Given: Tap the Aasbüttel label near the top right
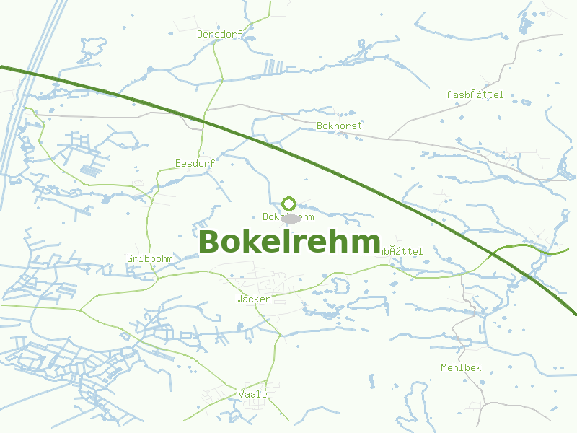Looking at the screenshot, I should click(x=475, y=95).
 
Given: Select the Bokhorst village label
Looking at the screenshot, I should click(x=339, y=126).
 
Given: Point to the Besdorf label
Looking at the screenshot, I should click(x=195, y=163).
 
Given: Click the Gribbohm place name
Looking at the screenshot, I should click(x=149, y=258).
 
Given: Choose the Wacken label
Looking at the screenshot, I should click(x=253, y=299).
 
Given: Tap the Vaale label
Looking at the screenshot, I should click(x=252, y=394).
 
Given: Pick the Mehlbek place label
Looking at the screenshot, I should click(x=461, y=367).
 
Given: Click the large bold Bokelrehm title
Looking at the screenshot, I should click(x=289, y=242).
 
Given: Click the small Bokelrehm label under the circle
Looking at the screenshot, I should click(x=288, y=216).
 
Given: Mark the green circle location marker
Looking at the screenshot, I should click(x=289, y=204).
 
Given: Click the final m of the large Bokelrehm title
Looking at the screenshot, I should click(x=367, y=244).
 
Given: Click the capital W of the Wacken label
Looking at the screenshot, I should click(x=239, y=299).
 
